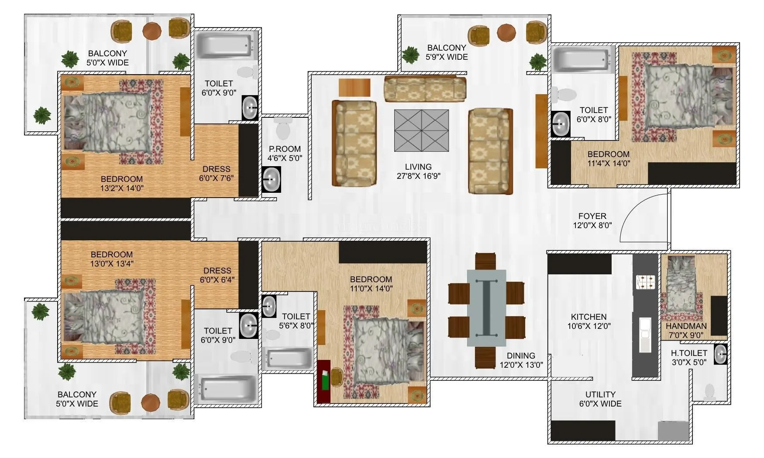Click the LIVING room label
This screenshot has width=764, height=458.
(418, 171)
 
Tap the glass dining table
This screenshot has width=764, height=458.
(486, 308)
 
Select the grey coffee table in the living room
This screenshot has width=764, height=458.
(421, 130)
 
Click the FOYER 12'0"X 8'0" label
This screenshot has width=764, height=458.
(592, 221)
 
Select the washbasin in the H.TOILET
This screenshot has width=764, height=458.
(720, 354)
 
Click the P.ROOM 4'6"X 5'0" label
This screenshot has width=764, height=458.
(284, 154)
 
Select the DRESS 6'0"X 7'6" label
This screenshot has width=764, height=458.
(217, 174)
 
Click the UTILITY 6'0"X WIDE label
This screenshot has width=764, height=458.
(600, 399)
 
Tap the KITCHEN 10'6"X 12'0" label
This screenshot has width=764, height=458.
(588, 321)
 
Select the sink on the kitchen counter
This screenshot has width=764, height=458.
(645, 334)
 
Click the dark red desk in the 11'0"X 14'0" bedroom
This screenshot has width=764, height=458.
(323, 381)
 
